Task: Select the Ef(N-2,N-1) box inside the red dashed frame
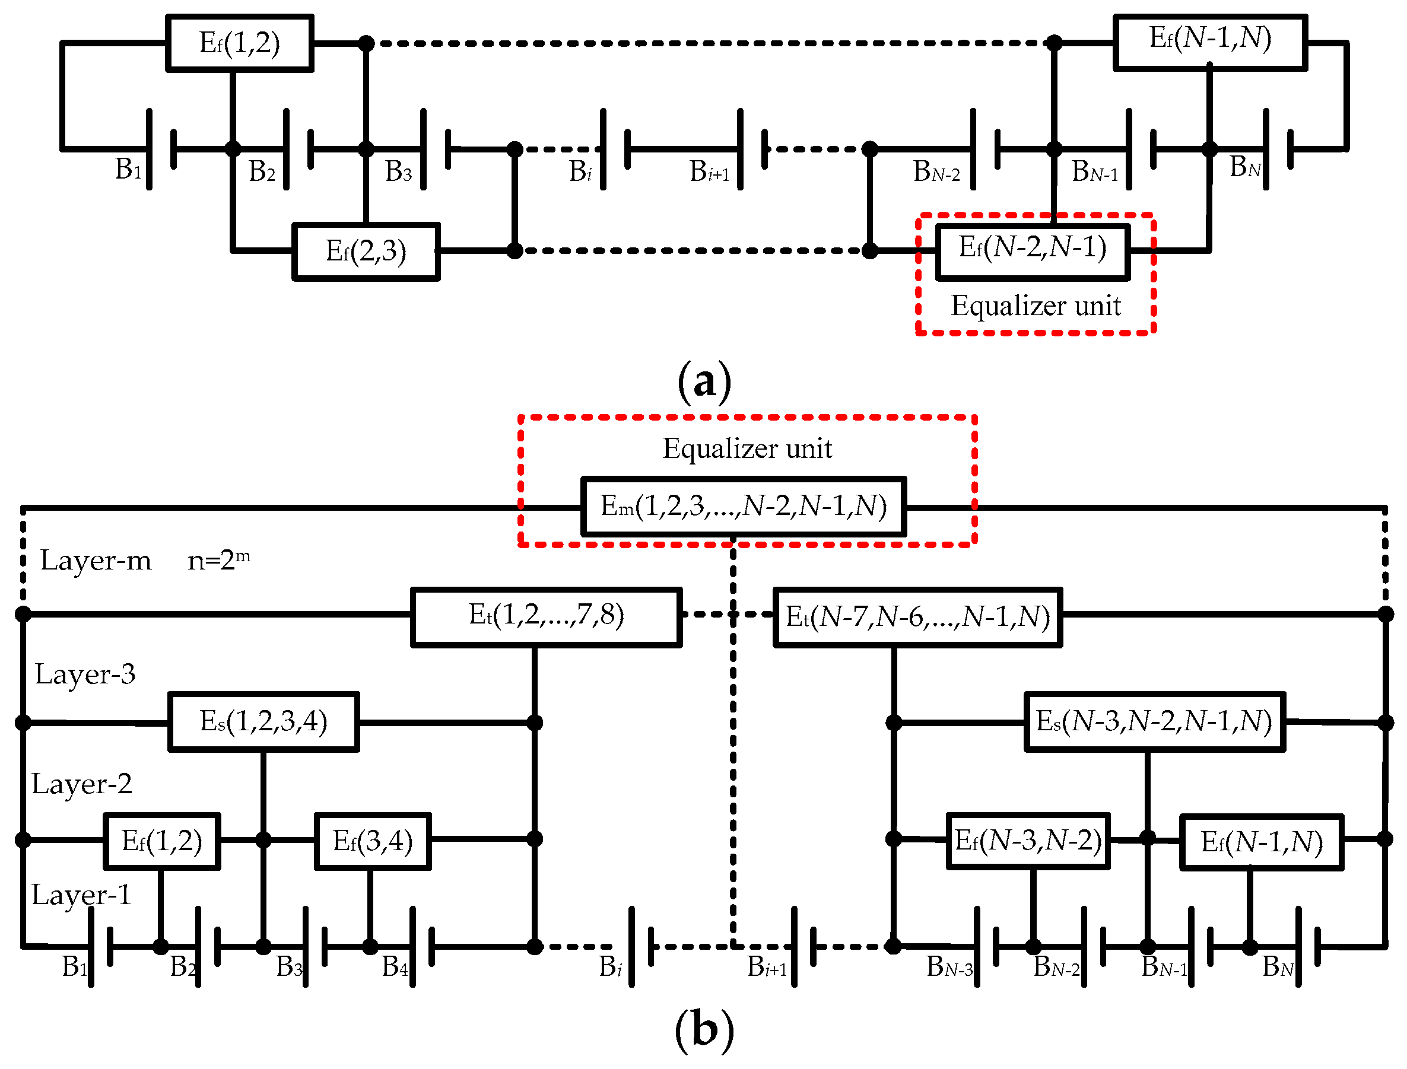pyautogui.click(x=1033, y=252)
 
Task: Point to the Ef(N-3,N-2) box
pyautogui.click(x=1028, y=841)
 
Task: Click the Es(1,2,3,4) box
pyautogui.click(x=263, y=722)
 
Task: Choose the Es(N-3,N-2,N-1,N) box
pyautogui.click(x=1154, y=722)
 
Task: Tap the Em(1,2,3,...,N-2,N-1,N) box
pyautogui.click(x=744, y=507)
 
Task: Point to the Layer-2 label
pyautogui.click(x=81, y=784)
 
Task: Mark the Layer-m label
pyautogui.click(x=96, y=561)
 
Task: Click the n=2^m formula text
pyautogui.click(x=219, y=560)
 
